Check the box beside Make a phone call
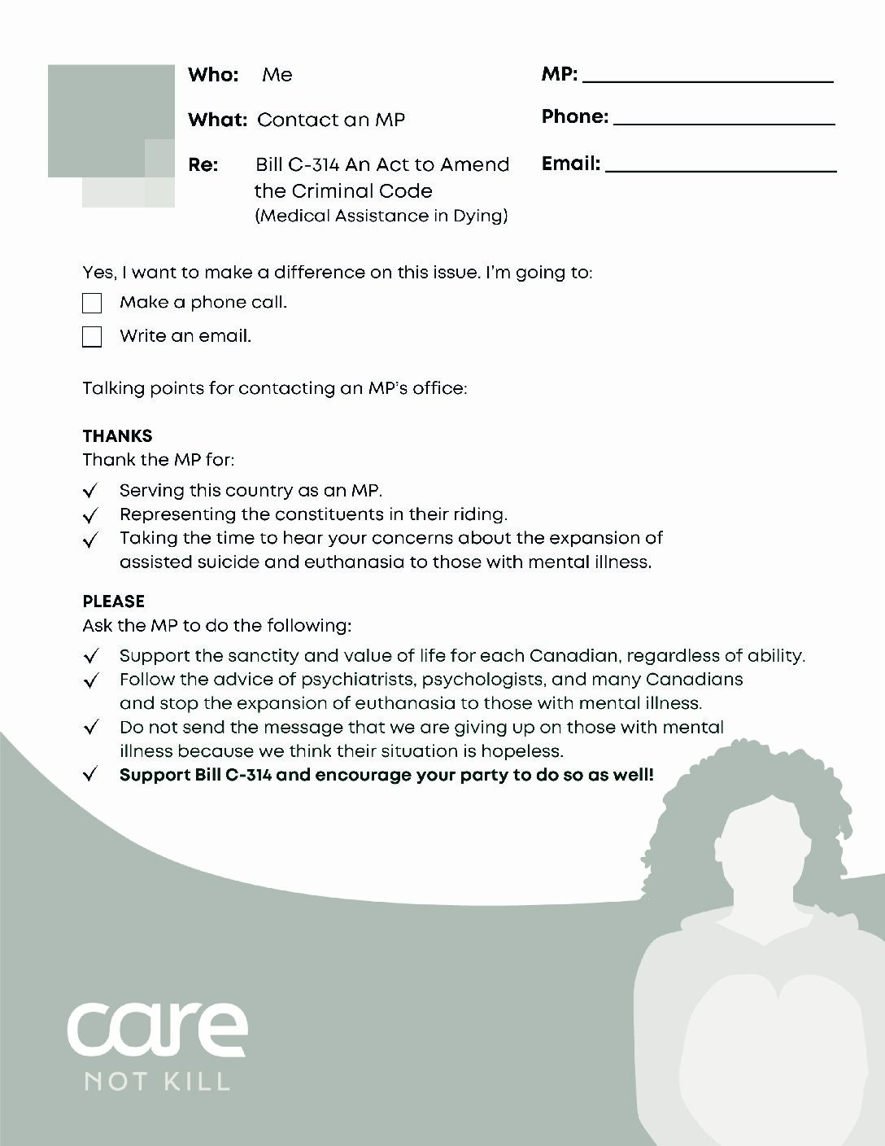click(92, 304)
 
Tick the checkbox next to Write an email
click(92, 337)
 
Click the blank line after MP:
click(708, 78)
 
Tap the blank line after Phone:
click(724, 120)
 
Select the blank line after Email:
click(721, 168)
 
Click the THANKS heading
click(117, 435)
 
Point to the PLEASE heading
click(113, 601)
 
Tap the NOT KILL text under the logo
click(157, 1082)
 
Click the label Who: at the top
click(213, 75)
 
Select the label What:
click(217, 120)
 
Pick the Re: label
click(203, 165)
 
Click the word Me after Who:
click(277, 75)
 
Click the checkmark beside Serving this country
click(91, 491)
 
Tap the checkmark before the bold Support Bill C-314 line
click(91, 775)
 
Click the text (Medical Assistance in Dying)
click(381, 216)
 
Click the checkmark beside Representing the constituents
click(91, 515)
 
